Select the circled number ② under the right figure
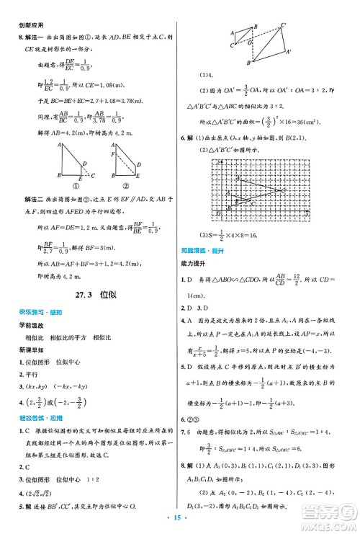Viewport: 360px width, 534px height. click(122, 186)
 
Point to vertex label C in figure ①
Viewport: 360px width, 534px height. click(90, 174)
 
